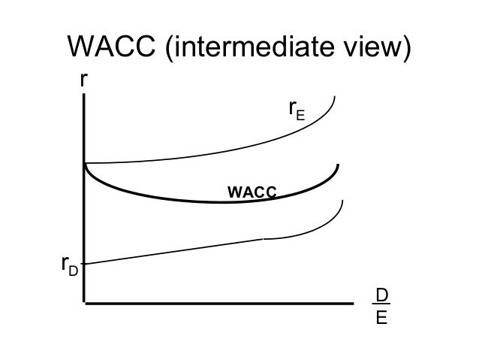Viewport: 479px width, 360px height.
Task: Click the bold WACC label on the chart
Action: pyautogui.click(x=252, y=192)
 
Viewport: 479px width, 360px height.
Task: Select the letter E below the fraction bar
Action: pyautogui.click(x=382, y=318)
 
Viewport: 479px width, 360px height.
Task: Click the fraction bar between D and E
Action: pyautogui.click(x=382, y=306)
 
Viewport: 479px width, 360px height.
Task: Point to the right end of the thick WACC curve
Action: pyautogui.click(x=339, y=165)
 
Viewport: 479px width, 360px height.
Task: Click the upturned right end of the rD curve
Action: pyautogui.click(x=342, y=201)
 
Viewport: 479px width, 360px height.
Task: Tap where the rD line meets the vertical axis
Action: pyautogui.click(x=84, y=263)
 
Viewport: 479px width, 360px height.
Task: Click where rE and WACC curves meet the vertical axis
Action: pyautogui.click(x=84, y=163)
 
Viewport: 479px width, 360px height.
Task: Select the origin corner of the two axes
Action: pyautogui.click(x=84, y=304)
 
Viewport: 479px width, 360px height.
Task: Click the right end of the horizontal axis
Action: pyautogui.click(x=352, y=304)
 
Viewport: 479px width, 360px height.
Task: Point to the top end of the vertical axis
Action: pyautogui.click(x=83, y=95)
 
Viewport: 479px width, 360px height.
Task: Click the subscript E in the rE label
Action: pyautogui.click(x=301, y=116)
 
